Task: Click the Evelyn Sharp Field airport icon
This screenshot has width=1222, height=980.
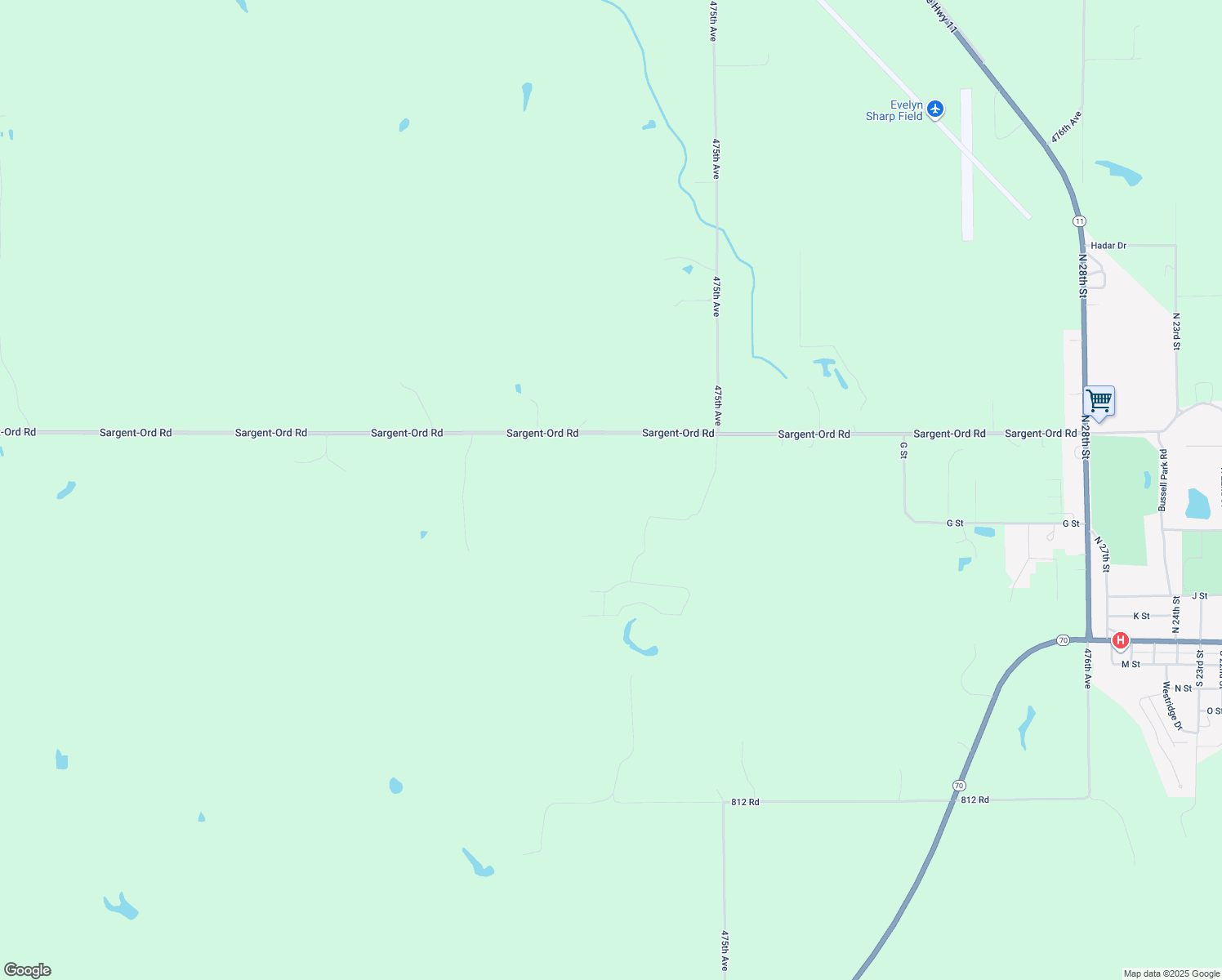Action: pyautogui.click(x=935, y=109)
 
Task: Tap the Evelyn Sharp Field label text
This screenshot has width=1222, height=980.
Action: pyautogui.click(x=894, y=111)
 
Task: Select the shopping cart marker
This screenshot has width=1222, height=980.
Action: pyautogui.click(x=1099, y=402)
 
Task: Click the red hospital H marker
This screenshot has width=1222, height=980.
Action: pyautogui.click(x=1121, y=641)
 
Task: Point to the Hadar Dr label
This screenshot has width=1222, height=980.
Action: pyautogui.click(x=1108, y=246)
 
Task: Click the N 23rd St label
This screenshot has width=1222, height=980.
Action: pyautogui.click(x=1176, y=331)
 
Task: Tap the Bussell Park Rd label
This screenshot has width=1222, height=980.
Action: pyautogui.click(x=1163, y=480)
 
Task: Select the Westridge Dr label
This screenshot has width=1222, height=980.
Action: pyautogui.click(x=1172, y=706)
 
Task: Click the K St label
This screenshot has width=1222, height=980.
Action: pyautogui.click(x=1141, y=617)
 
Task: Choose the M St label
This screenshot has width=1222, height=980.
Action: pyautogui.click(x=1131, y=665)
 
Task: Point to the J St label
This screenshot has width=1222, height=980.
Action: pyautogui.click(x=1199, y=597)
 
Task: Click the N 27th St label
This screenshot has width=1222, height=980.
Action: pyautogui.click(x=1103, y=554)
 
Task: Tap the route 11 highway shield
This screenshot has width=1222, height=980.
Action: pyautogui.click(x=1080, y=221)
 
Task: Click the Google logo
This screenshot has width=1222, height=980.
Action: pyautogui.click(x=28, y=970)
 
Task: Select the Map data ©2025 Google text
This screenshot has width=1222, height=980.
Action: pyautogui.click(x=1171, y=973)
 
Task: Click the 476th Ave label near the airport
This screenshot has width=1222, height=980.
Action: pyautogui.click(x=1066, y=127)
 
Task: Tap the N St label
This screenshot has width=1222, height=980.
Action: pyautogui.click(x=1183, y=688)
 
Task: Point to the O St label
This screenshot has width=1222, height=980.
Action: pyautogui.click(x=1213, y=711)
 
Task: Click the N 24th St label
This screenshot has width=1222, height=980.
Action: pyautogui.click(x=1176, y=615)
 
